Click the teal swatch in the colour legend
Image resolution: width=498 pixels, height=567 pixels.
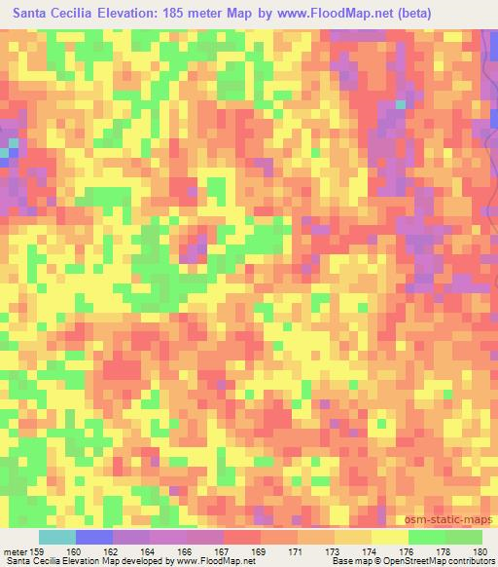(56, 538)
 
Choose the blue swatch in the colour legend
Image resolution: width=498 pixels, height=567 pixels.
(93, 538)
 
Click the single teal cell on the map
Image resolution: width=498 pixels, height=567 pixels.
(401, 104)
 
